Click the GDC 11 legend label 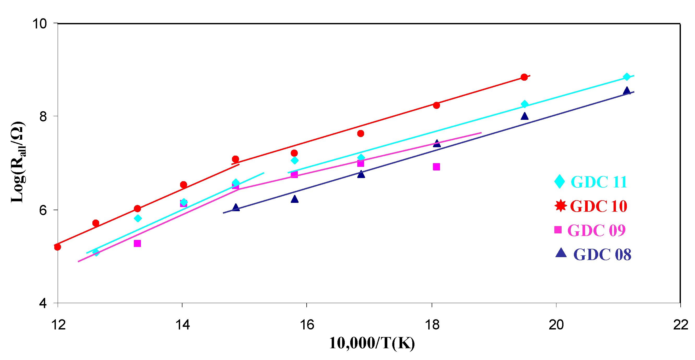click(599, 182)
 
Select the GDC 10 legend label click(598, 206)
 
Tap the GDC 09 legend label click(596, 230)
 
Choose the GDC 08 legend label click(602, 254)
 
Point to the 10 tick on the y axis click(40, 24)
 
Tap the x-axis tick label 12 click(58, 325)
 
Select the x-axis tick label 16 click(307, 325)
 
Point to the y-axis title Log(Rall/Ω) click(18, 162)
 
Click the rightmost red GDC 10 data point click(524, 78)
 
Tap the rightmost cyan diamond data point click(627, 77)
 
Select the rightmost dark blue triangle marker click(627, 91)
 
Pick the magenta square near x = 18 click(437, 167)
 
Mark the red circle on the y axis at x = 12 click(57, 247)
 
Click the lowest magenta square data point click(137, 244)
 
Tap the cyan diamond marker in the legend click(560, 181)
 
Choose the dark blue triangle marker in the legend click(561, 253)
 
